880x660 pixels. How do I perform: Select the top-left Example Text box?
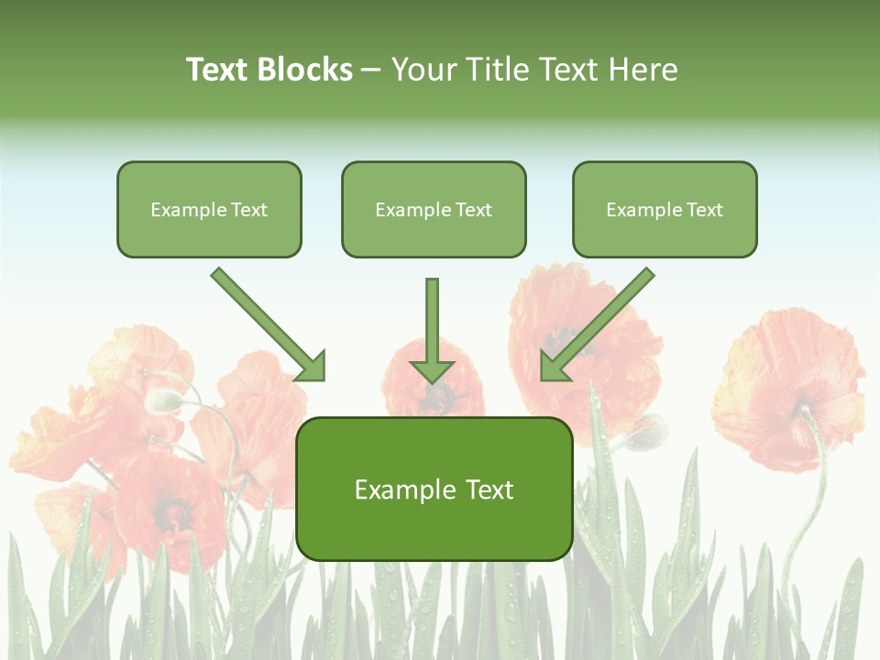(209, 210)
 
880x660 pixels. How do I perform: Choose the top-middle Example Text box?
(434, 210)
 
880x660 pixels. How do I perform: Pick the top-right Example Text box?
(665, 210)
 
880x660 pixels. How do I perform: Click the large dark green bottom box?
(434, 489)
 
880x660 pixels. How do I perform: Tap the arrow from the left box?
(266, 323)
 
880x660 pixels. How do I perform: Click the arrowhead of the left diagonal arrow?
(312, 368)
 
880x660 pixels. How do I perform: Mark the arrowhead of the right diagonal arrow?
(554, 368)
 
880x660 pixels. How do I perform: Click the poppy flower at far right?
(788, 385)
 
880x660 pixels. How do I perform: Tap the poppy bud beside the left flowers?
(164, 400)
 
